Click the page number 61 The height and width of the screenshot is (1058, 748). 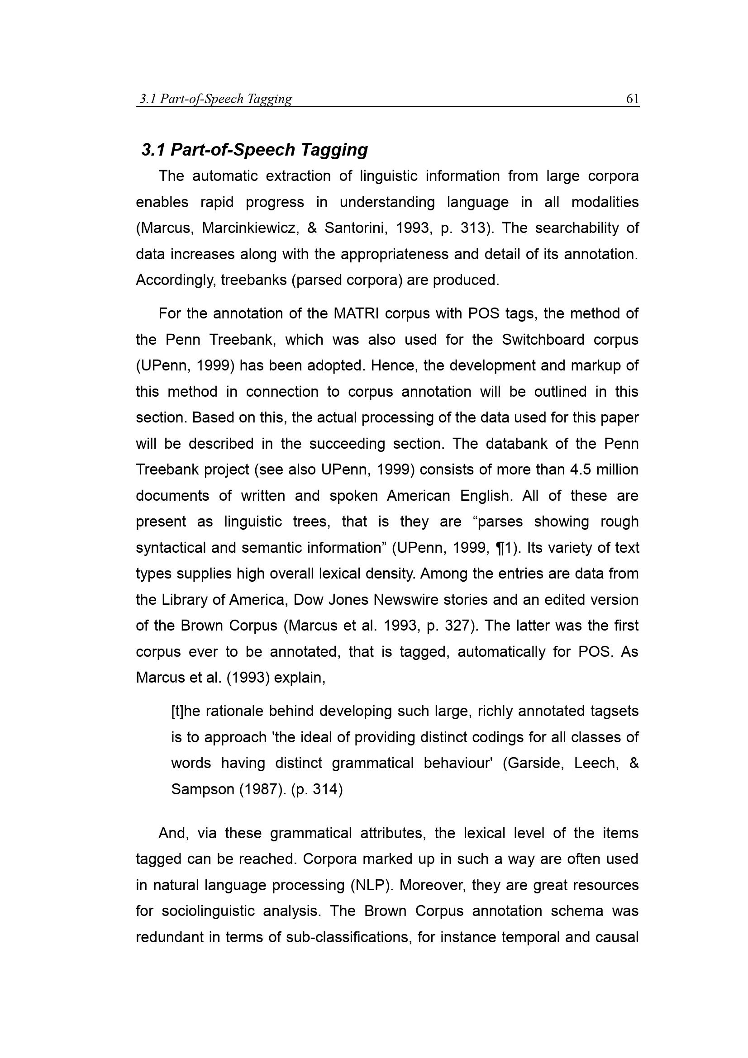(632, 99)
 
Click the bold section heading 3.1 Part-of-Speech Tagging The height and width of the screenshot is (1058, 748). (254, 150)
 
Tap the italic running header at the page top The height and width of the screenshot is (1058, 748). (216, 99)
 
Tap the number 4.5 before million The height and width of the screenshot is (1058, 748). (580, 470)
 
